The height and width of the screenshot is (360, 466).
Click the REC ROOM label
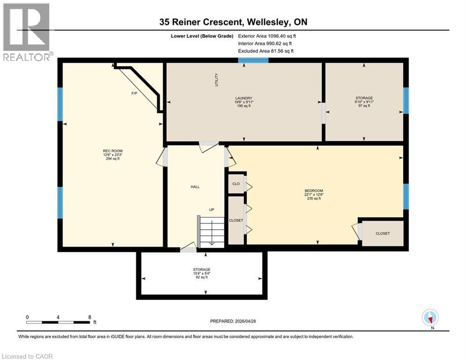pyautogui.click(x=111, y=150)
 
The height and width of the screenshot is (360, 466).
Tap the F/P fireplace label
pyautogui.click(x=134, y=93)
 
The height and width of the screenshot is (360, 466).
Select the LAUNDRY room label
pyautogui.click(x=244, y=98)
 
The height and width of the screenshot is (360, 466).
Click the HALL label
pyautogui.click(x=195, y=187)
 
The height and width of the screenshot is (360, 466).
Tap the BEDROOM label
pyautogui.click(x=313, y=191)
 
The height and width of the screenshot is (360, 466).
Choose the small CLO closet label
pyautogui.click(x=236, y=184)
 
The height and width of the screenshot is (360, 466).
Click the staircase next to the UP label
pyautogui.click(x=211, y=232)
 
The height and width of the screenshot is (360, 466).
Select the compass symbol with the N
pyautogui.click(x=429, y=318)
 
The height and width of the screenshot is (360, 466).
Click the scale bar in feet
pyautogui.click(x=59, y=322)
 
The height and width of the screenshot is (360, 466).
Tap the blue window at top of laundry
pyautogui.click(x=253, y=60)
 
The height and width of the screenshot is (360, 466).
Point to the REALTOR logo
pyautogui.click(x=27, y=32)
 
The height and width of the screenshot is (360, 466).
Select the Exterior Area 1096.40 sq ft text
pyautogui.click(x=267, y=36)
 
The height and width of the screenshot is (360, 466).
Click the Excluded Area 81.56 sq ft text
pyautogui.click(x=266, y=51)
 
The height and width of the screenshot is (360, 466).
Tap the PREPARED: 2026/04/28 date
pyautogui.click(x=233, y=321)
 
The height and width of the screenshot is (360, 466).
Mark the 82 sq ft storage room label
pyautogui.click(x=201, y=277)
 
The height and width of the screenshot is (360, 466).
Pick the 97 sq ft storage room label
pyautogui.click(x=364, y=105)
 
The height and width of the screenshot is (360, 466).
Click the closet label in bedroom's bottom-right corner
pyautogui.click(x=382, y=233)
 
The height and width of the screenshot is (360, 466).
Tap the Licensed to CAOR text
pyautogui.click(x=27, y=356)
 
